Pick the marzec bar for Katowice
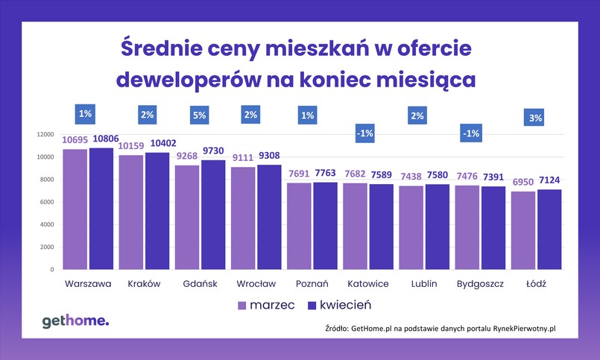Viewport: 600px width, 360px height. pos(356,227)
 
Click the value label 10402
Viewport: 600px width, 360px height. pos(158,144)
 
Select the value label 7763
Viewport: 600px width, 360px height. pos(326,174)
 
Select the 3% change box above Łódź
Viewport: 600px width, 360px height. pos(535,118)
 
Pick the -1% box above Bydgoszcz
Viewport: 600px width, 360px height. pos(471,133)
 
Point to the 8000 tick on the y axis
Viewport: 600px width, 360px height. pos(46,180)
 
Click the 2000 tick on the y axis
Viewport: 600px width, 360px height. pos(46,247)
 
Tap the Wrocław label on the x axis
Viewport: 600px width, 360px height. pos(256,284)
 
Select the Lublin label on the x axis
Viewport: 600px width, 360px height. pos(423,284)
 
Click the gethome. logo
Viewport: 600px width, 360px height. pos(75,320)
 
